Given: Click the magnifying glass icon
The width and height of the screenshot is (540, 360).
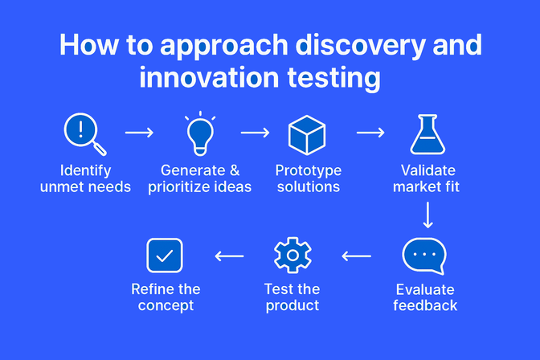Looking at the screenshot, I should coord(84,133).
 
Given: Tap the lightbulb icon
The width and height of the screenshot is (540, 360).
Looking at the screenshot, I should coord(199,133).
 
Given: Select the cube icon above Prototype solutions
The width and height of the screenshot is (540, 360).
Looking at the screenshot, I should coord(307,134).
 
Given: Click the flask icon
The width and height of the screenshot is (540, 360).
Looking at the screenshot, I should coord(427,134).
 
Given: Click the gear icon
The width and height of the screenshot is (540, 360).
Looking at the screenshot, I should coord(292,256).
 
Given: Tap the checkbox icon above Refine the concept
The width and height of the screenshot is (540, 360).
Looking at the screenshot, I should coord(165,256).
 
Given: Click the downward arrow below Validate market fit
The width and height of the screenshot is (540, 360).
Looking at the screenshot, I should coord(427,215).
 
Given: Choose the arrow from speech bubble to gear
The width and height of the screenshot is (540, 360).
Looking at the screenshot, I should coord(357,256).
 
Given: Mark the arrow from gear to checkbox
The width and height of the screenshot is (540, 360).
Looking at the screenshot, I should coord(230,256).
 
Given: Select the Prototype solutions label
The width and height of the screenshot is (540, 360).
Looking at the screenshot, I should coord(308,178).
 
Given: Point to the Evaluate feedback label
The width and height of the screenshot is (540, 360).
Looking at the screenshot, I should coord(425,297).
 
